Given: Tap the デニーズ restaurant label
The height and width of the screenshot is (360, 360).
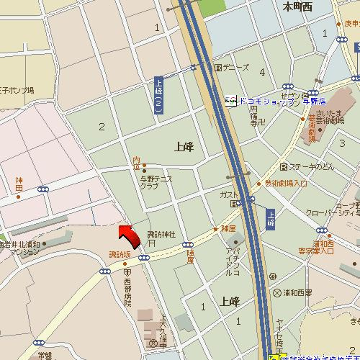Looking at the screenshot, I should (236, 68).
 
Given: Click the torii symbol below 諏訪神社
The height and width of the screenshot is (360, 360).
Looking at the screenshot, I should (152, 243).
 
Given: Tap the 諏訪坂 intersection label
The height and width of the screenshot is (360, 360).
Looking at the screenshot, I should (120, 254).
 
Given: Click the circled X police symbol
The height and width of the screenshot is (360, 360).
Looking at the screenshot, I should (278, 293).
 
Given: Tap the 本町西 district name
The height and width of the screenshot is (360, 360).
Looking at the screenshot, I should (297, 7).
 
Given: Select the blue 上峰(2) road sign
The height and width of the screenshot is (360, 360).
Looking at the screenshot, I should (159, 96).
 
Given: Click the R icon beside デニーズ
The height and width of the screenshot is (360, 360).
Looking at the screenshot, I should (217, 68).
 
